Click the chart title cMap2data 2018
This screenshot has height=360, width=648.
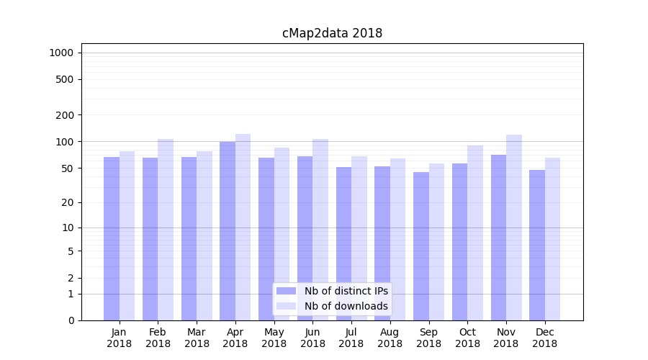click(332, 33)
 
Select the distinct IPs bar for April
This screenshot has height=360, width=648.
click(228, 230)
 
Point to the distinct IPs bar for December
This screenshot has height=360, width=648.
click(537, 245)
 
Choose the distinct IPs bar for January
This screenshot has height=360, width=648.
click(112, 238)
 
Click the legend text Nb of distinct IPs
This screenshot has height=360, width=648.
click(346, 291)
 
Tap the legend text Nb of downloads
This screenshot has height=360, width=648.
click(346, 306)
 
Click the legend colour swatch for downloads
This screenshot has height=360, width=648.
click(287, 306)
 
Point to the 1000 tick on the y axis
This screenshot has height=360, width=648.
click(61, 53)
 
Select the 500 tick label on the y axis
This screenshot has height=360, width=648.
click(64, 79)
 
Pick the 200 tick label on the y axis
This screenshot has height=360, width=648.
click(64, 115)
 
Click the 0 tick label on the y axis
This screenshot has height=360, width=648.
click(71, 320)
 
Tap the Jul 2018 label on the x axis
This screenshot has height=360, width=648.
click(351, 338)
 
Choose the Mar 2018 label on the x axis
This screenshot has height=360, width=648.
click(197, 338)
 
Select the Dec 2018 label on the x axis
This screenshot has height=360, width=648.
click(545, 338)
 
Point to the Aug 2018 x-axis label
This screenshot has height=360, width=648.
click(390, 338)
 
